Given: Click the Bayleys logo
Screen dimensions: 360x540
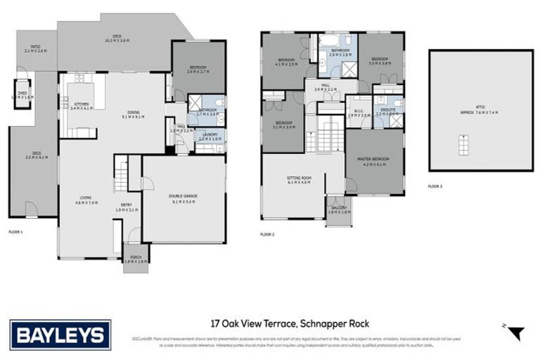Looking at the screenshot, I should click(60, 334).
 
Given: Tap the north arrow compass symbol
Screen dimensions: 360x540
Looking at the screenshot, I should click(516, 333).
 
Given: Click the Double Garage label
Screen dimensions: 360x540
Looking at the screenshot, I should click(182, 199).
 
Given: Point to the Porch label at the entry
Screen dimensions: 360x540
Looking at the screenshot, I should click(136, 259).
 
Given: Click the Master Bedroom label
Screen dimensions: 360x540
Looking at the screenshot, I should click(373, 161).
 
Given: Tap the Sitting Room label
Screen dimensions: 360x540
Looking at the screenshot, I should click(299, 180).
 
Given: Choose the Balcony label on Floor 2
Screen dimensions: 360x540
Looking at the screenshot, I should click(338, 210).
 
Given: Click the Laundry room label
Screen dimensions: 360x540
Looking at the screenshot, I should click(210, 136).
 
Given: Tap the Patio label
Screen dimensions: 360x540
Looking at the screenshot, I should click(35, 49).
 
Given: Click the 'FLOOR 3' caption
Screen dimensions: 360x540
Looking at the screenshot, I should click(437, 186).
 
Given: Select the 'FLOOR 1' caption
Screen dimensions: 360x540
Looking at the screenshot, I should click(16, 231).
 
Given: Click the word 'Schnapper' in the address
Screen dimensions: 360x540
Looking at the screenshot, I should click(323, 323).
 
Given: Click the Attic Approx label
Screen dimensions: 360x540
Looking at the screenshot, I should click(480, 110).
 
